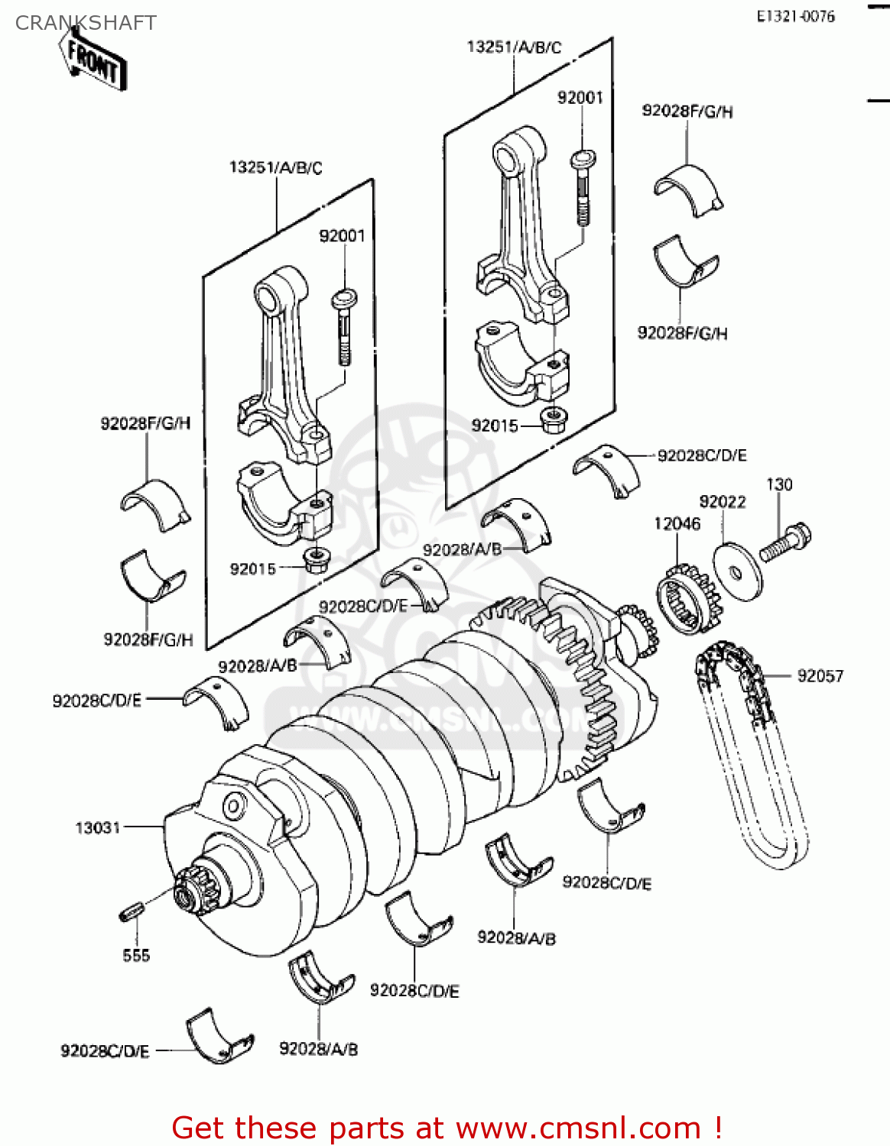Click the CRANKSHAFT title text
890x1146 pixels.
(86, 23)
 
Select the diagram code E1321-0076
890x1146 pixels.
(795, 17)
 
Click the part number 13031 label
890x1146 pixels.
(98, 827)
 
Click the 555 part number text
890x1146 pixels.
(136, 955)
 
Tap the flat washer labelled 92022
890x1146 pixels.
(737, 571)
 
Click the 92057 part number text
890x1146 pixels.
(820, 676)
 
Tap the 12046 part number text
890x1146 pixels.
(677, 523)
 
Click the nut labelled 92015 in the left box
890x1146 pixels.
(314, 560)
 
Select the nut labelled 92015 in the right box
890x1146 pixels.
(552, 419)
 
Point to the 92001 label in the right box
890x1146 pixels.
(580, 98)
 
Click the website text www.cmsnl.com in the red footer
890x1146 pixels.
(578, 1128)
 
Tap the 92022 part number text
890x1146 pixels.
(723, 501)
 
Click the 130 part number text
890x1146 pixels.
(779, 484)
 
